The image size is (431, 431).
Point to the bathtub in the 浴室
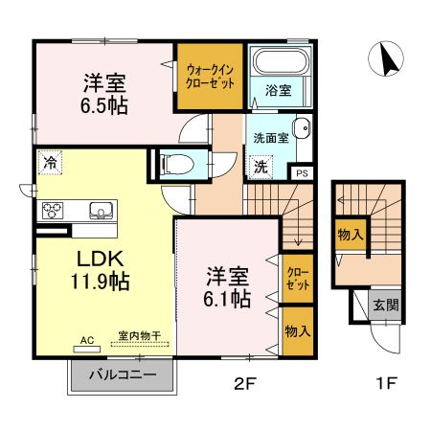pyautogui.click(x=277, y=64)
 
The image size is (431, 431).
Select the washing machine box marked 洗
pyautogui.click(x=259, y=167)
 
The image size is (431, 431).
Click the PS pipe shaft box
pyautogui.click(x=302, y=173)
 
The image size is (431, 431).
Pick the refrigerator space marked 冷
pyautogui.click(x=48, y=163)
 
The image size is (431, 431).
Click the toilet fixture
pyautogui.click(x=178, y=164)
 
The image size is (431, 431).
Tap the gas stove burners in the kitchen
pyautogui.click(x=53, y=210)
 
